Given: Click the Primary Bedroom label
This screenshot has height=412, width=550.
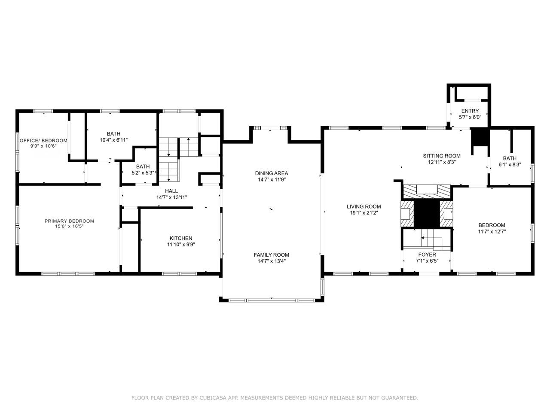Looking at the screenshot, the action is [69, 221].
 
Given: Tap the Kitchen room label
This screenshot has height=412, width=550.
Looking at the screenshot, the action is [181, 238].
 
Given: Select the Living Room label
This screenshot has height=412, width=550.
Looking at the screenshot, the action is [364, 206].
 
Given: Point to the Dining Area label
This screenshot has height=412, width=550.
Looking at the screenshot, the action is [272, 173].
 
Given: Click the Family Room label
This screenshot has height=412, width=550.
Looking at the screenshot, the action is [272, 254].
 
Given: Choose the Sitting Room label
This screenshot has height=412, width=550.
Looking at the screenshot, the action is [442, 156].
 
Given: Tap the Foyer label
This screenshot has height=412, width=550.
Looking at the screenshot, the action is [427, 254].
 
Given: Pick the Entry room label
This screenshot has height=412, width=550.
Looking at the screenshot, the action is [470, 111].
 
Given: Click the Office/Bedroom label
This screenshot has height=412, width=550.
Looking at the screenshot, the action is [43, 140].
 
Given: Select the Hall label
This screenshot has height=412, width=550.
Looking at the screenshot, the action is [171, 191].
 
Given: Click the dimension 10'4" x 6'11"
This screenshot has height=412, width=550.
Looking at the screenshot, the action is [114, 140].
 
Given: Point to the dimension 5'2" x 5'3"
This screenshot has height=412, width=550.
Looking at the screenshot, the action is [143, 173].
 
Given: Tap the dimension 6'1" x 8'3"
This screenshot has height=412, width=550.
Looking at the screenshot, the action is [510, 165].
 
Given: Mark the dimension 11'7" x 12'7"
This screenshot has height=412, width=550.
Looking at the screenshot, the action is [492, 231].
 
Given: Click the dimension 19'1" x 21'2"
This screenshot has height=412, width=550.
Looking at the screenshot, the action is [364, 213].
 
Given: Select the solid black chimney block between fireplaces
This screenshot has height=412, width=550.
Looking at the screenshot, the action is [427, 214].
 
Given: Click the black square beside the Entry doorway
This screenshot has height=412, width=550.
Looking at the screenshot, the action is [480, 137].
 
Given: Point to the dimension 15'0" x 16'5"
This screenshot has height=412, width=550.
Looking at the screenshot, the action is [69, 227].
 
